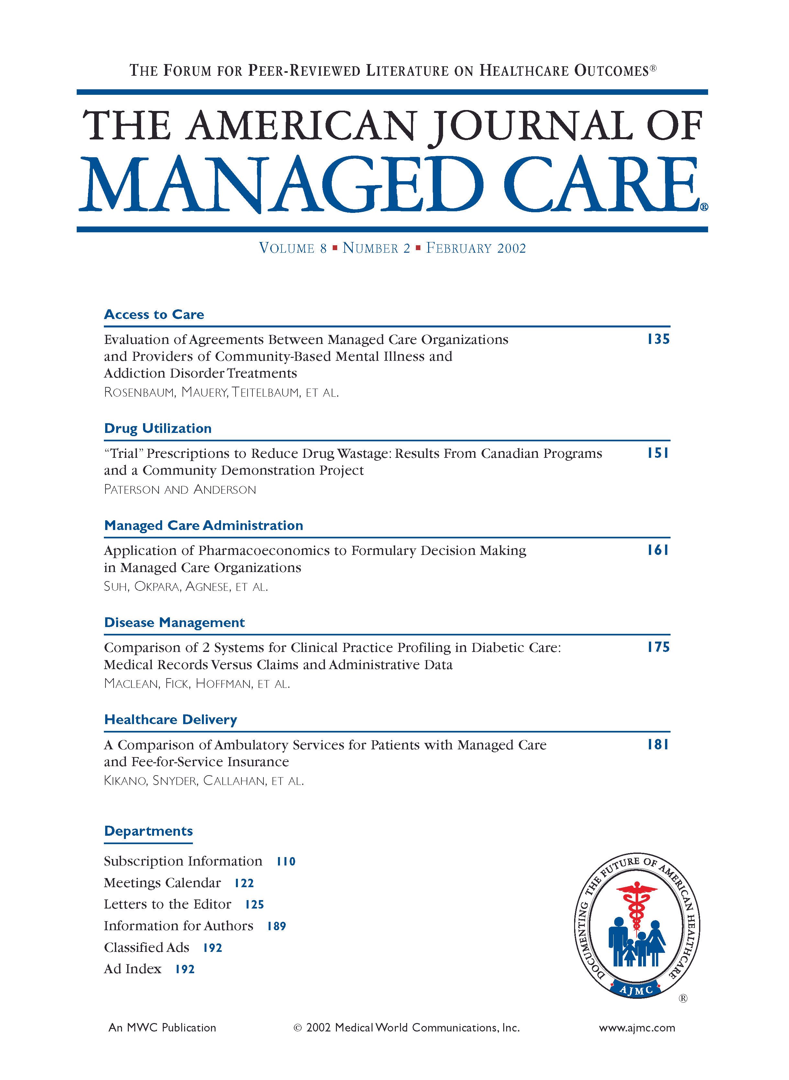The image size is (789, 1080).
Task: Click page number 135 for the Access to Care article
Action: click(x=658, y=339)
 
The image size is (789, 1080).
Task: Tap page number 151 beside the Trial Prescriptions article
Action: click(x=658, y=453)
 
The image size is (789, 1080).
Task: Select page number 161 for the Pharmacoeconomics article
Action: click(x=658, y=550)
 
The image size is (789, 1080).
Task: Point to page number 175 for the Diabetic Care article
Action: click(x=658, y=647)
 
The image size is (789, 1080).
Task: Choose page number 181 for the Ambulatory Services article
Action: click(x=658, y=744)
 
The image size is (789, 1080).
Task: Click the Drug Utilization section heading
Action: click(x=158, y=428)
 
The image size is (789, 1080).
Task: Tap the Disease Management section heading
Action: click(x=174, y=623)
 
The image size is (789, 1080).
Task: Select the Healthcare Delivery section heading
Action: click(x=171, y=720)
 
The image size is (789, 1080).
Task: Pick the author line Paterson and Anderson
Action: click(x=180, y=490)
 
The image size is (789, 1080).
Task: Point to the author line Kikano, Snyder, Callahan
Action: click(x=204, y=781)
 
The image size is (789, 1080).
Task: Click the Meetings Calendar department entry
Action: click(x=162, y=883)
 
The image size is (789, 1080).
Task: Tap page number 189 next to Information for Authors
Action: click(x=276, y=926)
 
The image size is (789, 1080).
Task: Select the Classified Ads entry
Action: click(x=147, y=947)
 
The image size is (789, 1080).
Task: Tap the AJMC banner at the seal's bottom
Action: click(x=636, y=990)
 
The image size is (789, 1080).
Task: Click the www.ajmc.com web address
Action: click(x=637, y=1028)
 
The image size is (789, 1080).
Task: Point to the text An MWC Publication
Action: click(x=162, y=1028)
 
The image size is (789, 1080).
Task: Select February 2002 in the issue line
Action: click(x=476, y=248)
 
